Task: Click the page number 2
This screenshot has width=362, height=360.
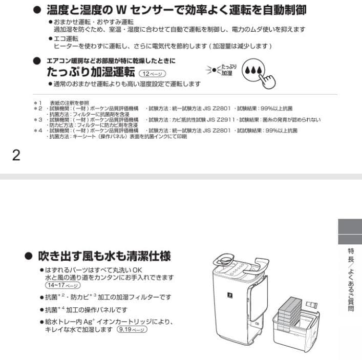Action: (16, 155)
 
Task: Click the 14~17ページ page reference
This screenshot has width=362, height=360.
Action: (62, 285)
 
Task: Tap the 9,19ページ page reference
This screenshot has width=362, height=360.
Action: (132, 329)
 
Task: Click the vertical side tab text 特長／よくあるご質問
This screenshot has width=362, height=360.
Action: (351, 279)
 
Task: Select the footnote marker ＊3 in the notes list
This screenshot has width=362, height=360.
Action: (37, 119)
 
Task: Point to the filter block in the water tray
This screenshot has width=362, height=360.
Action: (290, 309)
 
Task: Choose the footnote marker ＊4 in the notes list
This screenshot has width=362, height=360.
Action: (37, 130)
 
